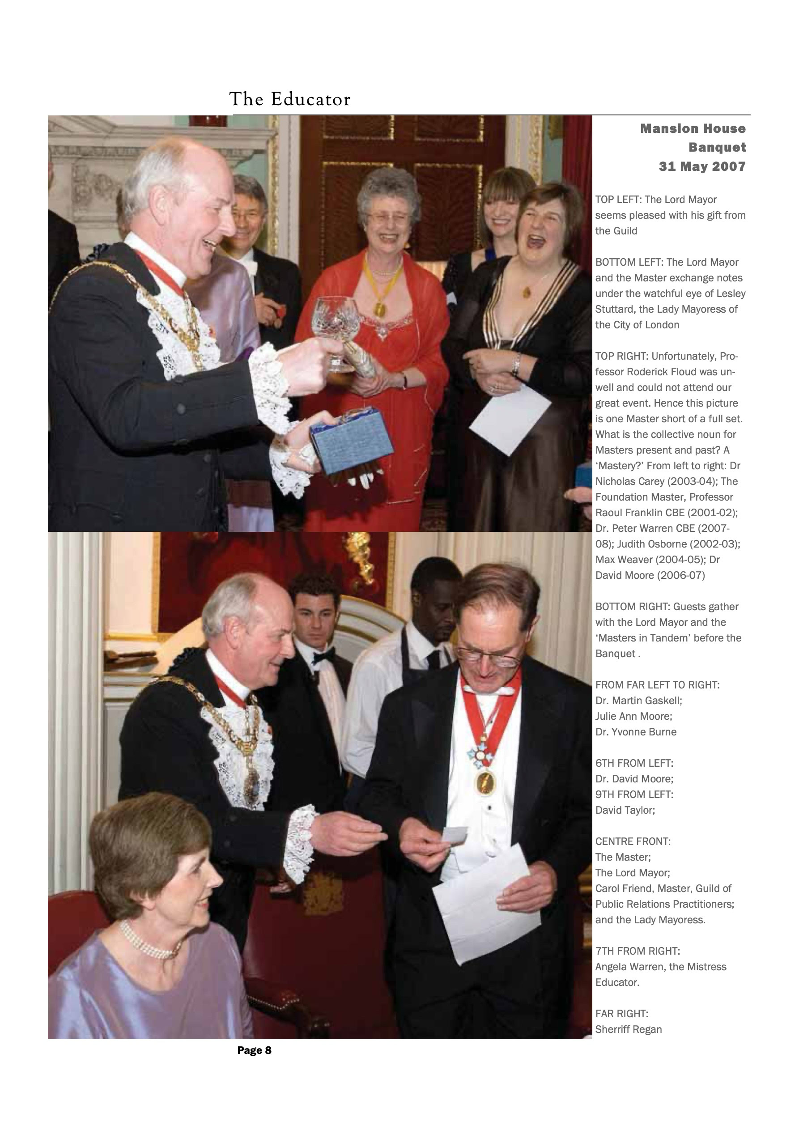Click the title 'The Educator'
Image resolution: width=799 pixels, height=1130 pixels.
[289, 99]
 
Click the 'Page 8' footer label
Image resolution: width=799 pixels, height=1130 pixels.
[254, 1050]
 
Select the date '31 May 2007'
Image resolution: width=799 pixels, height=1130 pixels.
[702, 166]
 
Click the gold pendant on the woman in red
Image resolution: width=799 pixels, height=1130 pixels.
[379, 309]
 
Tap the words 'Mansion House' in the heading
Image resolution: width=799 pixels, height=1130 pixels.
[693, 129]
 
